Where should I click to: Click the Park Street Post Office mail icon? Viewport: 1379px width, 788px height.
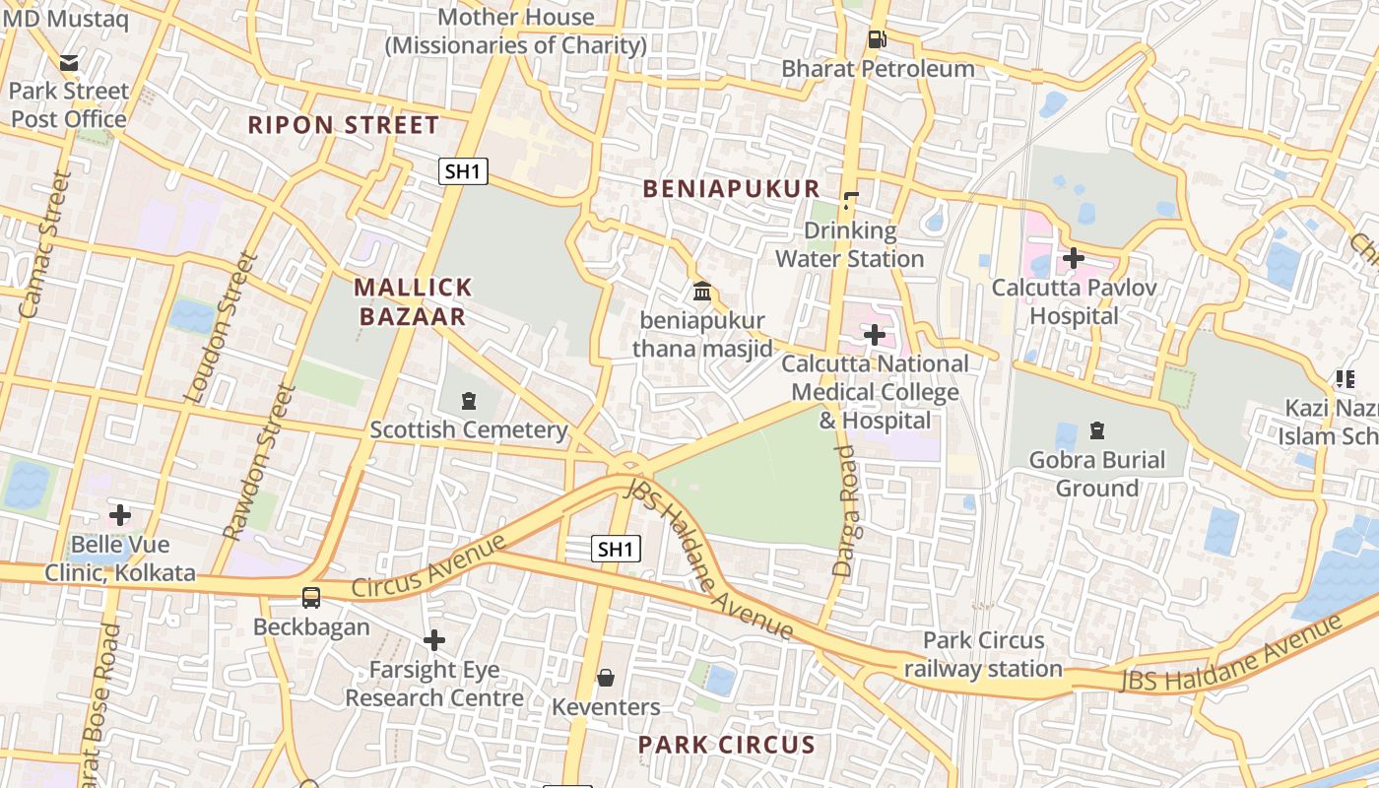click(69, 63)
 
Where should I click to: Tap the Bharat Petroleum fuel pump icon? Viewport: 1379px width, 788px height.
click(876, 40)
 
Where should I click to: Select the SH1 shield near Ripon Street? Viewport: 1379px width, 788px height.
click(463, 171)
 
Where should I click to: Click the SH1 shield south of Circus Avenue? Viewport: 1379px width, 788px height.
click(617, 549)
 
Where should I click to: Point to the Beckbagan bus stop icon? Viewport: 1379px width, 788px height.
click(311, 597)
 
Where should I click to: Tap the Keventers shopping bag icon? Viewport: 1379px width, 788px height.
click(606, 678)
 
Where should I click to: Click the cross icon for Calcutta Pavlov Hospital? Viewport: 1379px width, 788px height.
click(1074, 258)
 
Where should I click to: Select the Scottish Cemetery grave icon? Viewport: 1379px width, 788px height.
click(468, 401)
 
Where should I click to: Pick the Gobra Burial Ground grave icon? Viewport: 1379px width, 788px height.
click(1096, 430)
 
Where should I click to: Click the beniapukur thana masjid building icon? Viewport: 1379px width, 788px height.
click(702, 292)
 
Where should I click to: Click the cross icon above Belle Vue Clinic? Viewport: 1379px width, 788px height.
click(120, 515)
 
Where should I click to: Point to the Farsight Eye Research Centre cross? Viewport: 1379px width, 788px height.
click(433, 641)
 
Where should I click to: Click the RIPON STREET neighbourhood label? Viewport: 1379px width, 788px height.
click(343, 125)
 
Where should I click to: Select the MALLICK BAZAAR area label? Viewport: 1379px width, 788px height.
click(413, 301)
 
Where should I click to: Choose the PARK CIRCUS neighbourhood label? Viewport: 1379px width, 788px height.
click(727, 745)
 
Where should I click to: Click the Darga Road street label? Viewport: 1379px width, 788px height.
click(846, 510)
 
